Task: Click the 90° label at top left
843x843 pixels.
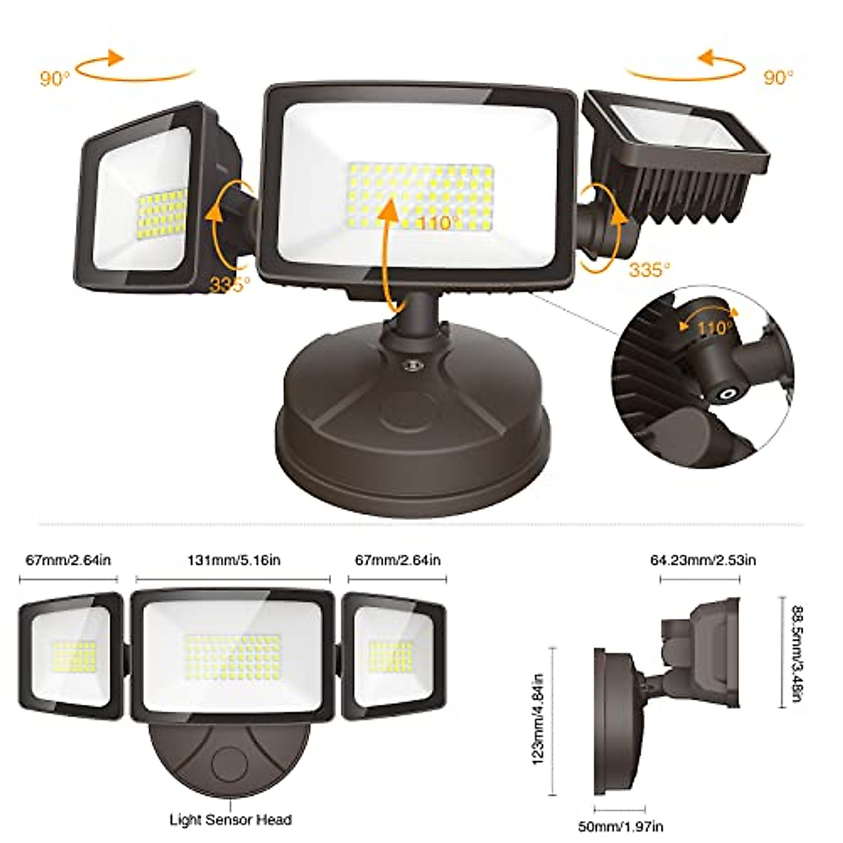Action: click(55, 78)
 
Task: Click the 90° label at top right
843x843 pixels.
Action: click(778, 77)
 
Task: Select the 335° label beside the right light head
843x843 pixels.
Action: click(649, 269)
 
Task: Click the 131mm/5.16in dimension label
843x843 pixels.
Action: click(234, 560)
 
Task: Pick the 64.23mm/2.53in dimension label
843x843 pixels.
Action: click(702, 560)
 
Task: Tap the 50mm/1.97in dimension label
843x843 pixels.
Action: click(620, 827)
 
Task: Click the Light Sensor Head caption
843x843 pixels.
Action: click(230, 820)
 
